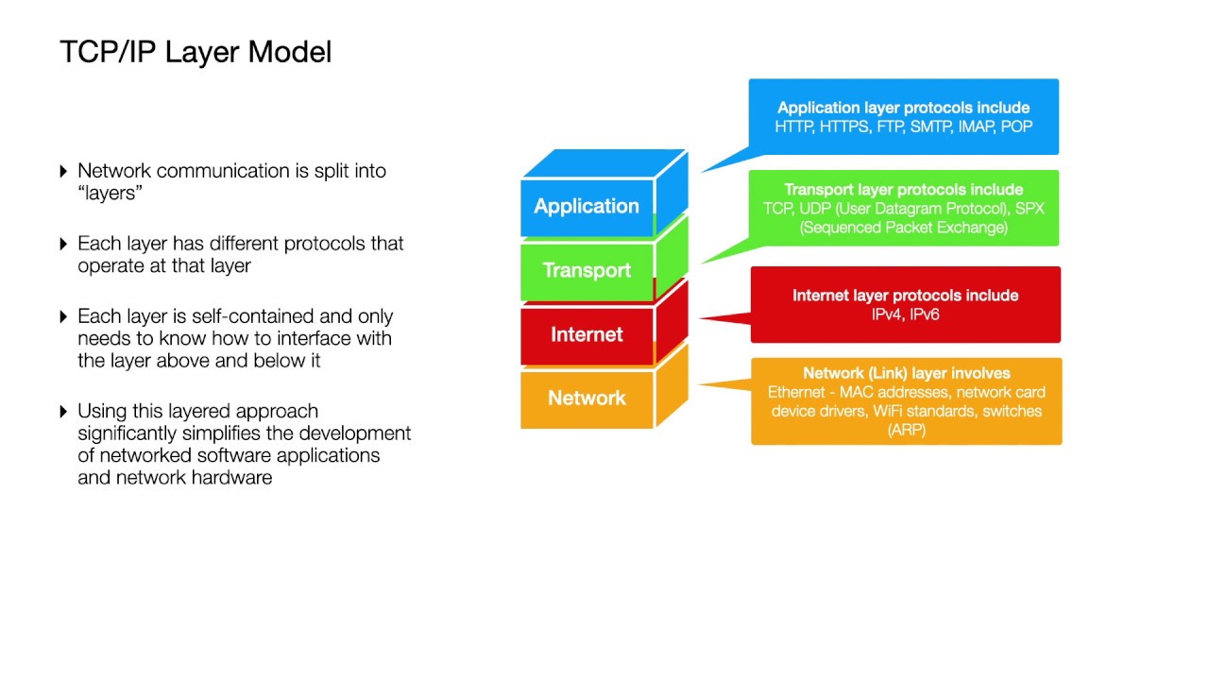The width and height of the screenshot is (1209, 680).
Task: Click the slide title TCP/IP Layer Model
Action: coord(196,52)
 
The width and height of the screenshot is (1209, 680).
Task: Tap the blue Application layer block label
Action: coord(587,206)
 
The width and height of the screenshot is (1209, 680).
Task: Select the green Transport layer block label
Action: coord(587,270)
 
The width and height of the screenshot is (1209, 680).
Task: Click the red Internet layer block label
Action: coord(587,334)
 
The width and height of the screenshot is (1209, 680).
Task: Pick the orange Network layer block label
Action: coord(587,399)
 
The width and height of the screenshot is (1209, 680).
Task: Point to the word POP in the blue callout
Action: coord(1016,127)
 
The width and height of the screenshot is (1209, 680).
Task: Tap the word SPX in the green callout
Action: coord(1030,209)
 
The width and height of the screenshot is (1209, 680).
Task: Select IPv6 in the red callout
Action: coord(925,314)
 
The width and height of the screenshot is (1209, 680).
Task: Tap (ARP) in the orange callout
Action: coord(906,430)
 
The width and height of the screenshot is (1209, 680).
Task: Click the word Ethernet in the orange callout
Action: coord(796,392)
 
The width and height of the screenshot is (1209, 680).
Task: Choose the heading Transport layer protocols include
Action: coord(904,190)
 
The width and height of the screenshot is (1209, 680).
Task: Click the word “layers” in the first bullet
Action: coord(110,194)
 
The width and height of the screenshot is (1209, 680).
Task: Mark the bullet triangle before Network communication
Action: coord(63,171)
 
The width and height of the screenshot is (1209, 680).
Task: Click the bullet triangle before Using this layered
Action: coord(63,411)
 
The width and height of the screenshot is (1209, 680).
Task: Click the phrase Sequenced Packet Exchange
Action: coord(904,228)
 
